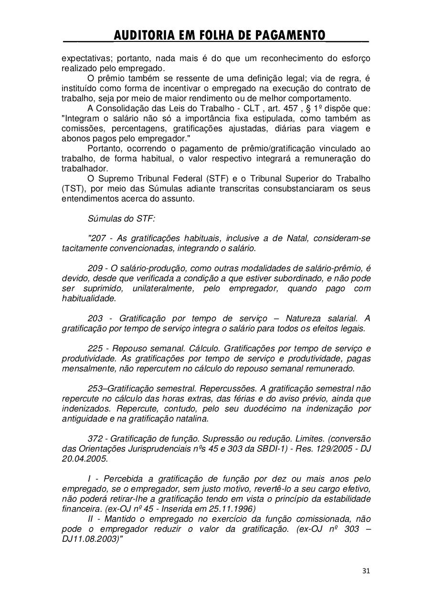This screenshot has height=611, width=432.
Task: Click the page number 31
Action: click(x=366, y=571)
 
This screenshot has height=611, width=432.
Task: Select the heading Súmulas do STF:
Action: click(x=121, y=219)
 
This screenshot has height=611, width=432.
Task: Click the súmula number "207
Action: click(x=97, y=238)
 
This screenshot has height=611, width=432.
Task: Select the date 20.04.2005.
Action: click(x=84, y=459)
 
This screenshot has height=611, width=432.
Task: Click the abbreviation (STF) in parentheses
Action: click(x=218, y=179)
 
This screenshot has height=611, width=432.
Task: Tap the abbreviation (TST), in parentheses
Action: click(x=73, y=189)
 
